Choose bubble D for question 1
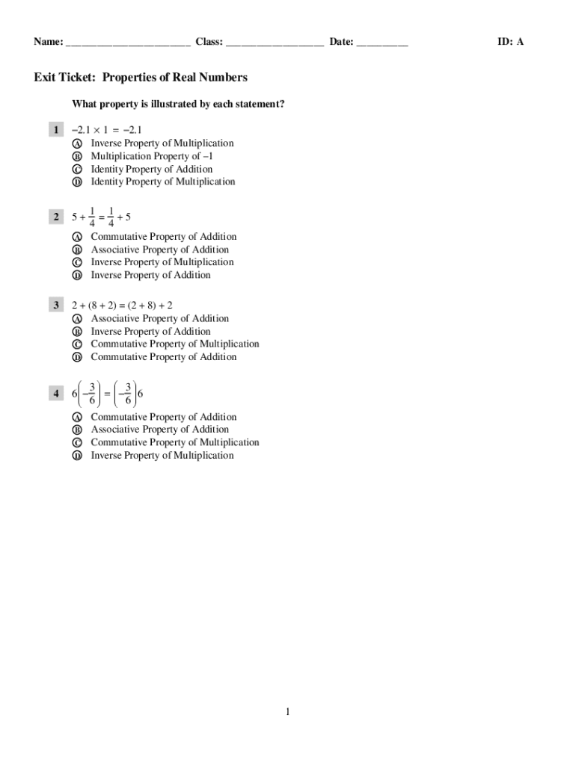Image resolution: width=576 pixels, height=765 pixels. (x=76, y=182)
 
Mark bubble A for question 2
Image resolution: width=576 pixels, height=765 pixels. (x=76, y=237)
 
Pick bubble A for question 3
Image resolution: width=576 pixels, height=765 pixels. (x=76, y=319)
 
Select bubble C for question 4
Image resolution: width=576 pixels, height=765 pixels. (x=76, y=443)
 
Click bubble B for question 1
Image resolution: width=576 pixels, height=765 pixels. (x=76, y=157)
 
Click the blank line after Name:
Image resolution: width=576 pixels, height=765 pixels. (x=128, y=43)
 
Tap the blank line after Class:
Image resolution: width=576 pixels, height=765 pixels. (x=275, y=43)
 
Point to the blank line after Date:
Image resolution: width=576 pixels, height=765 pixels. (x=382, y=43)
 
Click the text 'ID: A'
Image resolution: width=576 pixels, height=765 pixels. (x=511, y=42)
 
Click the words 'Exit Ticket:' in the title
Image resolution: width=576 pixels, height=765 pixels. (x=65, y=78)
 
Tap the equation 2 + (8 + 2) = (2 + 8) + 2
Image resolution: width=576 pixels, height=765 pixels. (x=122, y=306)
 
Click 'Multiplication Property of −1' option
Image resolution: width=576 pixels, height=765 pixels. (x=152, y=156)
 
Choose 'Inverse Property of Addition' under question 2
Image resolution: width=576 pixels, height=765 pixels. (x=150, y=275)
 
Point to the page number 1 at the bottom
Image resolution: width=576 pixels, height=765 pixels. (x=287, y=711)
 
